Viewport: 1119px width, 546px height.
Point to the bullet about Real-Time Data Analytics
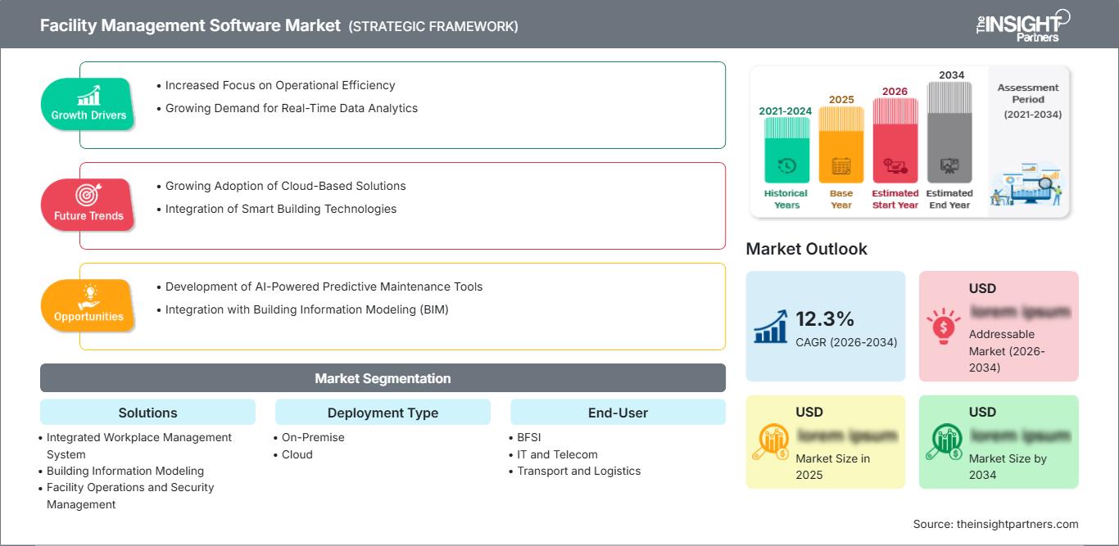click(291, 108)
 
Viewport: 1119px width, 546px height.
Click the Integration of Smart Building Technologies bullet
click(280, 209)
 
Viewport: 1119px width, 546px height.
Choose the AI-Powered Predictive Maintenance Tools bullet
click(324, 287)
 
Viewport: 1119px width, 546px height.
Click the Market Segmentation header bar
click(383, 378)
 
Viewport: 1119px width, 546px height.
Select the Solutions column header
click(147, 413)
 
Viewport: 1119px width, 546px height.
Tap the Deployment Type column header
click(383, 413)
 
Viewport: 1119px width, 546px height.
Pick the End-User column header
click(618, 413)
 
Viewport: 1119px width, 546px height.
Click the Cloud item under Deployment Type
click(297, 454)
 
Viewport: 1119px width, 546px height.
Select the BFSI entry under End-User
click(529, 437)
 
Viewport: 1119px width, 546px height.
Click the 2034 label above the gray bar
click(951, 75)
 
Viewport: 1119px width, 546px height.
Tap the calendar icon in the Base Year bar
click(841, 166)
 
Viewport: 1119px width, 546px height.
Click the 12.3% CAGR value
click(825, 318)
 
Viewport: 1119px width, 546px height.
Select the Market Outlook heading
click(806, 249)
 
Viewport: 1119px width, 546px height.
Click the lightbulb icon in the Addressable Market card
click(943, 326)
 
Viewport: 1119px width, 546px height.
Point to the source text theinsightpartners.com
click(995, 524)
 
